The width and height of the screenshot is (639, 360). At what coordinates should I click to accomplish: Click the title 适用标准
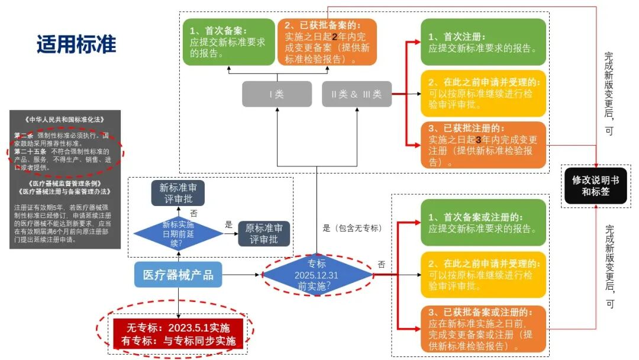[x=76, y=44]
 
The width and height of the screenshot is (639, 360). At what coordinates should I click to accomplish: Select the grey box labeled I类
[x=277, y=94]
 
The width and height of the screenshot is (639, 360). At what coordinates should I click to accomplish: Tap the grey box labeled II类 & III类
[x=356, y=94]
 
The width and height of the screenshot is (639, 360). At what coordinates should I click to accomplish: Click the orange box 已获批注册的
[x=483, y=145]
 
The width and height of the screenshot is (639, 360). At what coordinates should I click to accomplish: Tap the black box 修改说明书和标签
[x=595, y=185]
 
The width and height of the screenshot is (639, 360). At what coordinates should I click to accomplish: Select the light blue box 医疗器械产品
[x=178, y=275]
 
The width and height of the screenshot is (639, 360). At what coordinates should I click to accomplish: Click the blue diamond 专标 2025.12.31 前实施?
[x=317, y=275]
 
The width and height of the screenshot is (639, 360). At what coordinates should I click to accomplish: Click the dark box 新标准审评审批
[x=178, y=193]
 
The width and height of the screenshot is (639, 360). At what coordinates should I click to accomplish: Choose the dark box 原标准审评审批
[x=264, y=233]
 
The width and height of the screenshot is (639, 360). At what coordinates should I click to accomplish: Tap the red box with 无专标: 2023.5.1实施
[x=178, y=334]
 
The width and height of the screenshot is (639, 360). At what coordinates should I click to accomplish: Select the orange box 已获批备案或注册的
[x=483, y=328]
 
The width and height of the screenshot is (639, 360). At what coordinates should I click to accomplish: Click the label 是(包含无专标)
[x=352, y=228]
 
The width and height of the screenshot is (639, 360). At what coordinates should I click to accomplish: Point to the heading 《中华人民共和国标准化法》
[x=65, y=118]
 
